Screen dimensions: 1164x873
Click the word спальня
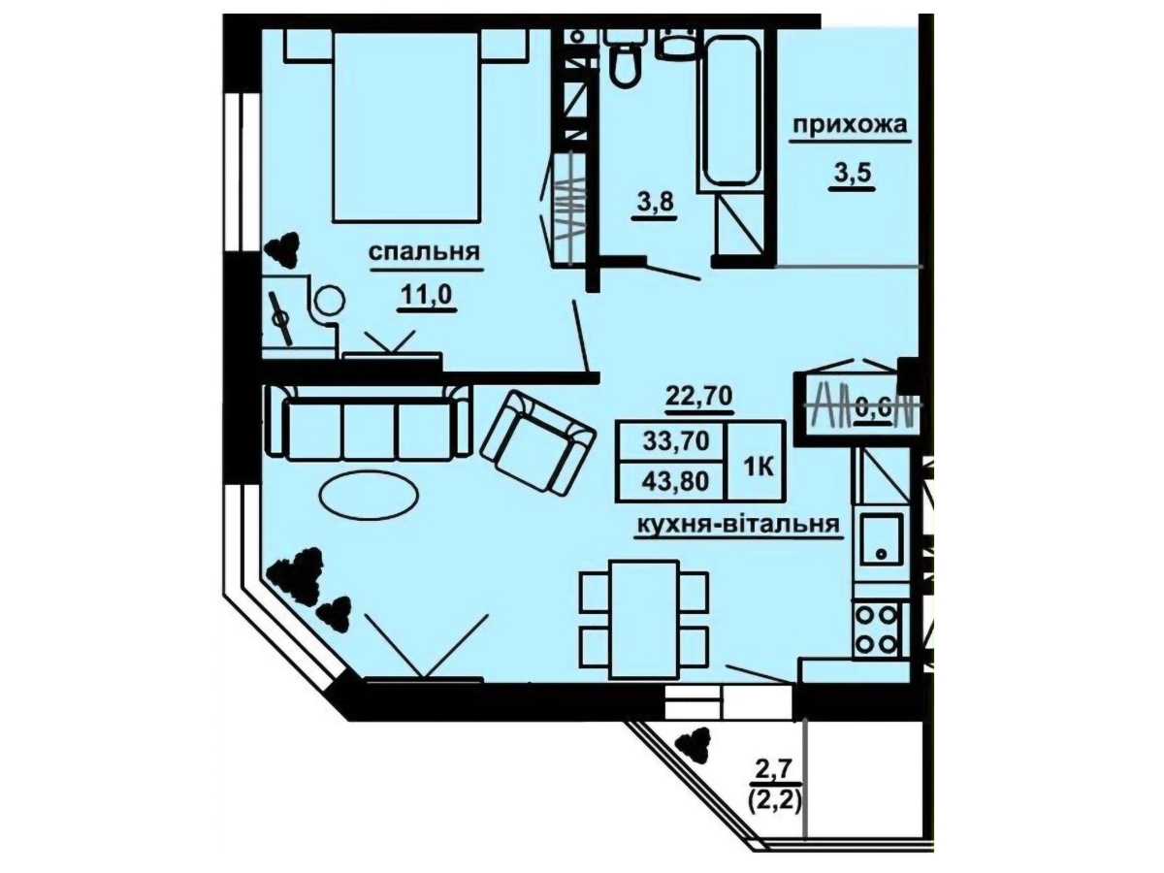pos(424,253)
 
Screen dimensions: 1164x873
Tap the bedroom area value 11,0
pos(426,296)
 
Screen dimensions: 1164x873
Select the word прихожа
pos(850,126)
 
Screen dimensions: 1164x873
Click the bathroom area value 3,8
pos(654,202)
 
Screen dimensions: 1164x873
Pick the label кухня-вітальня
pos(738,525)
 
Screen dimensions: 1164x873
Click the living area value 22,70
pos(699,396)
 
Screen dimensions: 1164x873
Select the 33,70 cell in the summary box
pos(676,441)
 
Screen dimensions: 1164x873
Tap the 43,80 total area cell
pos(675,482)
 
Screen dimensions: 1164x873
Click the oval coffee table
pos(370,493)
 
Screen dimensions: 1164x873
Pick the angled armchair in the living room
pos(537,441)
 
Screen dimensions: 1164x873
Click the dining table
pos(644,619)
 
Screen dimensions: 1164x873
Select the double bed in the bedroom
pos(406,127)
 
